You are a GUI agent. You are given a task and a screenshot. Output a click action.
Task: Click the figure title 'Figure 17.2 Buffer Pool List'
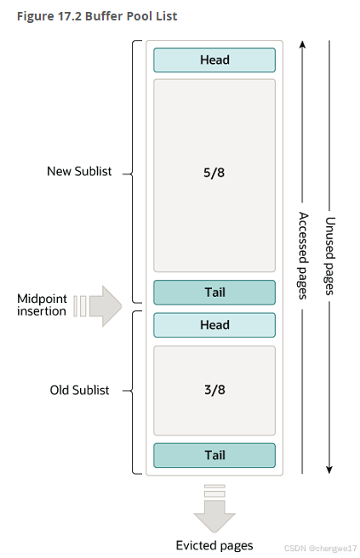pos(98,16)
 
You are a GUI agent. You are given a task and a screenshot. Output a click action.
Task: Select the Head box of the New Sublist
pos(214,60)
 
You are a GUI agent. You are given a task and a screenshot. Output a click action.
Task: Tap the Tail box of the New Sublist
pos(214,293)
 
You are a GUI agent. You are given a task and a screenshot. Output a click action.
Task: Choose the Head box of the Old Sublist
pos(214,325)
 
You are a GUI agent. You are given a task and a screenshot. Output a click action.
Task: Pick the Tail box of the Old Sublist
pos(214,455)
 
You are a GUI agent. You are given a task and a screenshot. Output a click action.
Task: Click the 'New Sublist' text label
pos(78,172)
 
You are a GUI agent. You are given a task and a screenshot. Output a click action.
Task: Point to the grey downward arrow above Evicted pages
pos(214,509)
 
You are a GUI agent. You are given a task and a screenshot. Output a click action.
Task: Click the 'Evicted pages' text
pos(214,545)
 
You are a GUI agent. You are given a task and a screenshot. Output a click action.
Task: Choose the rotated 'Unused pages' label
pos(329,256)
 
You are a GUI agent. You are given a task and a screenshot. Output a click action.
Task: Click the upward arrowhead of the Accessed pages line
pos(302,45)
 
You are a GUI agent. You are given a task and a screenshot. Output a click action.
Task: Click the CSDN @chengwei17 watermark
pos(320,549)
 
